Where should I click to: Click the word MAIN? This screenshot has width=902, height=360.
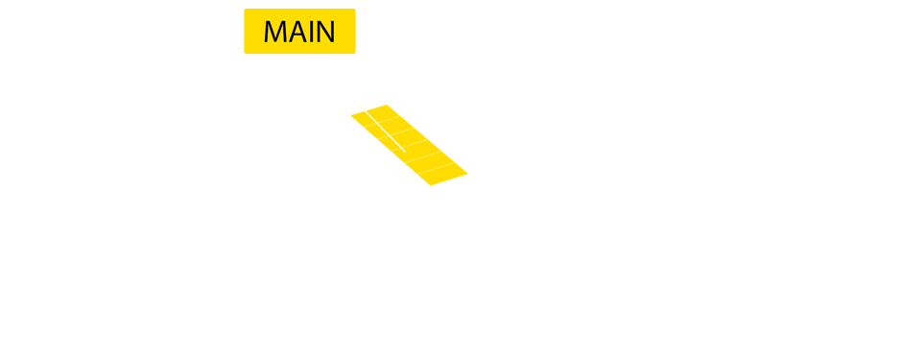[299, 32]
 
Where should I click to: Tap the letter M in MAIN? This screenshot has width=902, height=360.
[276, 32]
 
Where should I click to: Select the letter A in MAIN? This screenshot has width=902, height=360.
[298, 32]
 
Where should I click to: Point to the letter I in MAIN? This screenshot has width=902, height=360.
[312, 32]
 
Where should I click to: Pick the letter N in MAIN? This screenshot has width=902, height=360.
[325, 32]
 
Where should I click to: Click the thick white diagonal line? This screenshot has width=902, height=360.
[382, 128]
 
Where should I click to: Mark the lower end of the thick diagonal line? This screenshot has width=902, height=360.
[405, 152]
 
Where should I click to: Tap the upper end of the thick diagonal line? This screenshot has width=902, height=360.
[359, 104]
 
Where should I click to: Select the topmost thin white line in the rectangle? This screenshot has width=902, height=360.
[385, 120]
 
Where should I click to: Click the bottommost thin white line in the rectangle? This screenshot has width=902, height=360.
[436, 168]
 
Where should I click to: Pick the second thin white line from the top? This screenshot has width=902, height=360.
[398, 132]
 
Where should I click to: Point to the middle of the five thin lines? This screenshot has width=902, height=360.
[412, 144]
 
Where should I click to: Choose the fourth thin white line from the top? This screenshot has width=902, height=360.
[425, 156]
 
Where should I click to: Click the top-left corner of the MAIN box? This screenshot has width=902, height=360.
[245, 10]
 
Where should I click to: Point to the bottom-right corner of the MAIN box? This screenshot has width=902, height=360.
[355, 53]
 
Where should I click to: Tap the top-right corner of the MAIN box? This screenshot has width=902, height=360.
[355, 10]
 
